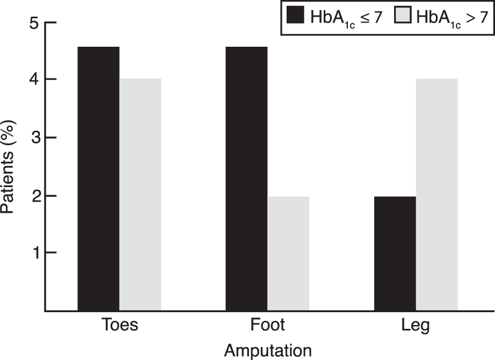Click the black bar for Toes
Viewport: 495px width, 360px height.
pyautogui.click(x=98, y=178)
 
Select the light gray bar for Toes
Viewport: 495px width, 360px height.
pyautogui.click(x=140, y=195)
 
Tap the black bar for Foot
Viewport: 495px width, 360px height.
pyautogui.click(x=246, y=178)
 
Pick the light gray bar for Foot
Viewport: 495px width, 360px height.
pyautogui.click(x=288, y=254)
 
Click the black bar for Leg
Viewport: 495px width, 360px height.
pyautogui.click(x=395, y=254)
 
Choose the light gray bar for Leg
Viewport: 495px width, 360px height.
pyautogui.click(x=437, y=195)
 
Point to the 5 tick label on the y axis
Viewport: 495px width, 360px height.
pyautogui.click(x=34, y=23)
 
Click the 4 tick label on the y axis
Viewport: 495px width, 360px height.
pyautogui.click(x=34, y=79)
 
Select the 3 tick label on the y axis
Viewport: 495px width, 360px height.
pyautogui.click(x=34, y=138)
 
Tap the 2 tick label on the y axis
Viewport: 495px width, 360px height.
pyautogui.click(x=34, y=196)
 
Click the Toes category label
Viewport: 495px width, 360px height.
pyautogui.click(x=120, y=325)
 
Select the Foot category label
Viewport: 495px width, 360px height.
pyautogui.click(x=267, y=325)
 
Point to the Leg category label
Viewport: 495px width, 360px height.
pyautogui.click(x=416, y=326)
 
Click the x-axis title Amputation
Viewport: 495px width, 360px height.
pyautogui.click(x=268, y=351)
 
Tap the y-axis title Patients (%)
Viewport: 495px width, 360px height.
pyautogui.click(x=8, y=167)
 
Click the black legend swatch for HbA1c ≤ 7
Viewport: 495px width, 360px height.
pyautogui.click(x=295, y=15)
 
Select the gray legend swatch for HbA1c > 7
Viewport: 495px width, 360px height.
pyautogui.click(x=403, y=15)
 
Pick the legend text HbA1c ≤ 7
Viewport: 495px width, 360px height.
pyautogui.click(x=346, y=18)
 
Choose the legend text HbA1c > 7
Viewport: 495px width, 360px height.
pyautogui.click(x=453, y=18)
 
